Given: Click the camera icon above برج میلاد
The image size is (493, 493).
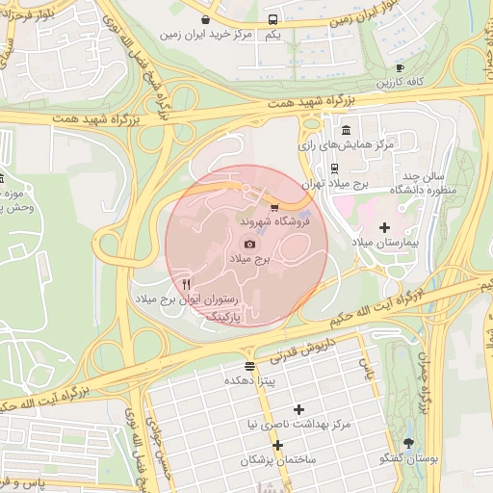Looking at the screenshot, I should pos(250,245).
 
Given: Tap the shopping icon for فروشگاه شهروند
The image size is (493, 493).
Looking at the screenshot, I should pos(274,207).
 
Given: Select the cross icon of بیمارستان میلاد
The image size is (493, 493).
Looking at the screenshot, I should pos(385,227).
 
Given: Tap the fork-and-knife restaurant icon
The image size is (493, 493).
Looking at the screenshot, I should pos(186,283).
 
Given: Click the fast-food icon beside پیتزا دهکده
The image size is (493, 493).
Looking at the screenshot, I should pos(250,366).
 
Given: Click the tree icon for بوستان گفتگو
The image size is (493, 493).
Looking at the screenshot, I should pos(409,443).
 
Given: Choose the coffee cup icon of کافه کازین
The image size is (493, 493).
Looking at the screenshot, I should pos(400,68).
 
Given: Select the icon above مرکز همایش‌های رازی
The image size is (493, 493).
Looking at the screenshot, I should pos(346,130).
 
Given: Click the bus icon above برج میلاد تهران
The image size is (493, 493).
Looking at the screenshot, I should pos(334,168).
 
